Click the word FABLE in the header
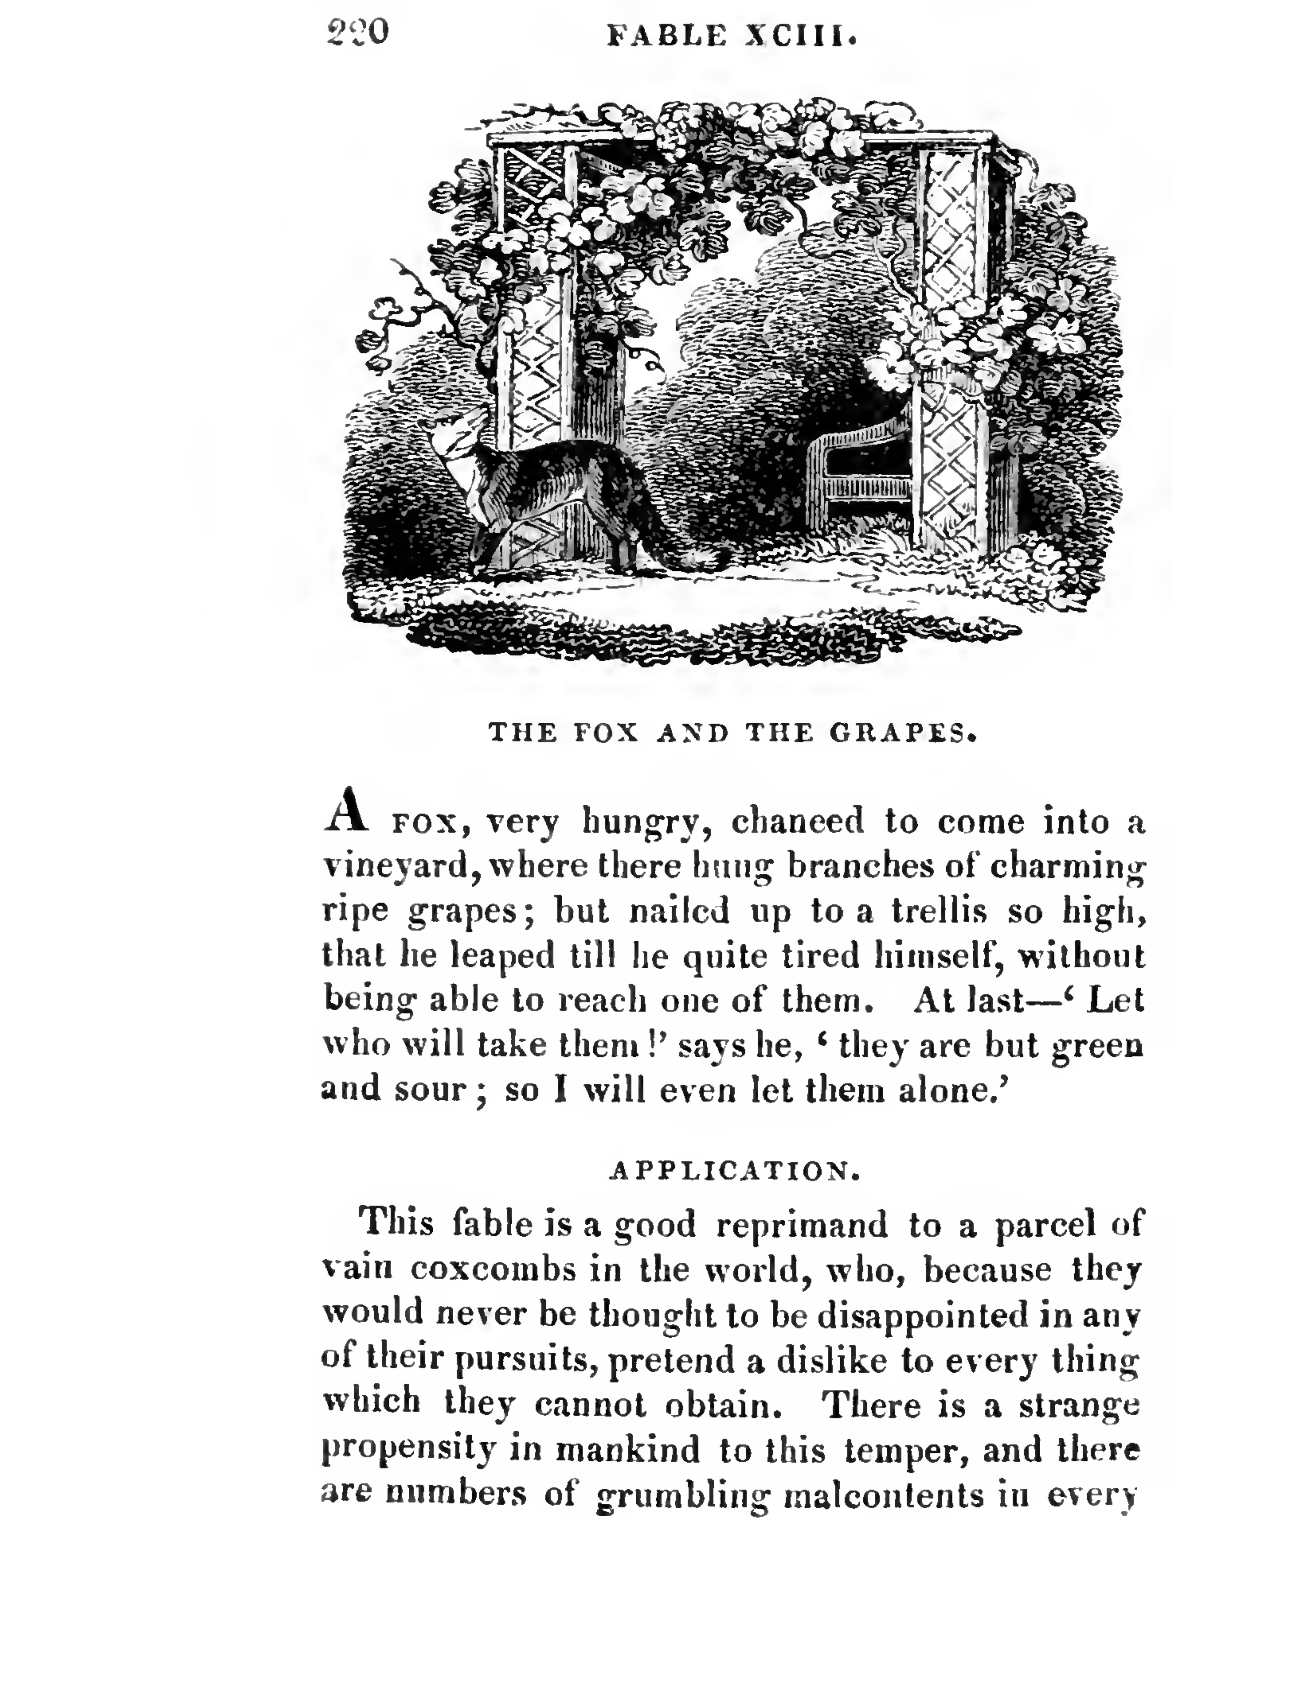click(x=666, y=36)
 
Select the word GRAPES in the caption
click(x=902, y=732)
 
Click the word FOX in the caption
click(x=606, y=732)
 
